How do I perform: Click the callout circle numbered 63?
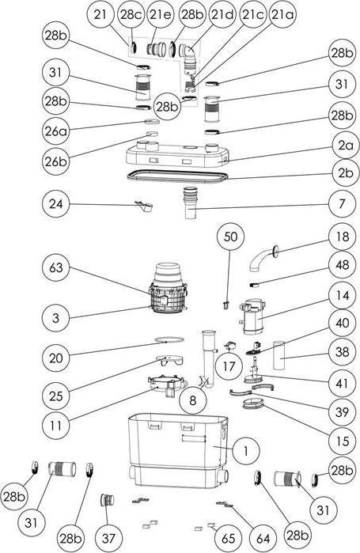pyautogui.click(x=55, y=267)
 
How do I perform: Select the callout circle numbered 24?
pyautogui.click(x=55, y=204)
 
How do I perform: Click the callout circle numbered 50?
pyautogui.click(x=230, y=237)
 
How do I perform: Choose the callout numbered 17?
pyautogui.click(x=229, y=366)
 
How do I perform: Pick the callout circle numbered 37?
pyautogui.click(x=108, y=539)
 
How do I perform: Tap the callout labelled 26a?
pyautogui.click(x=55, y=131)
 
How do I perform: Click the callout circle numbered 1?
pyautogui.click(x=246, y=450)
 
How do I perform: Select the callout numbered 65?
pyautogui.click(x=229, y=539)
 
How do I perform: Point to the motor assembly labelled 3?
pyautogui.click(x=169, y=289)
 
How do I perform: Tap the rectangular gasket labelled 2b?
pyautogui.click(x=177, y=176)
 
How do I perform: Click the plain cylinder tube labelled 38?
pyautogui.click(x=279, y=355)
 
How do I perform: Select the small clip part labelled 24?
pyautogui.click(x=144, y=206)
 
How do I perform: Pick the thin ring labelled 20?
pyautogui.click(x=169, y=339)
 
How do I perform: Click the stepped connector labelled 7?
pyautogui.click(x=191, y=203)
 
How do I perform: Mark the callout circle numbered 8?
pyautogui.click(x=192, y=400)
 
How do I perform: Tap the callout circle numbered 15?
pyautogui.click(x=342, y=441)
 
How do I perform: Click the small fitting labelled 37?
pyautogui.click(x=108, y=500)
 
